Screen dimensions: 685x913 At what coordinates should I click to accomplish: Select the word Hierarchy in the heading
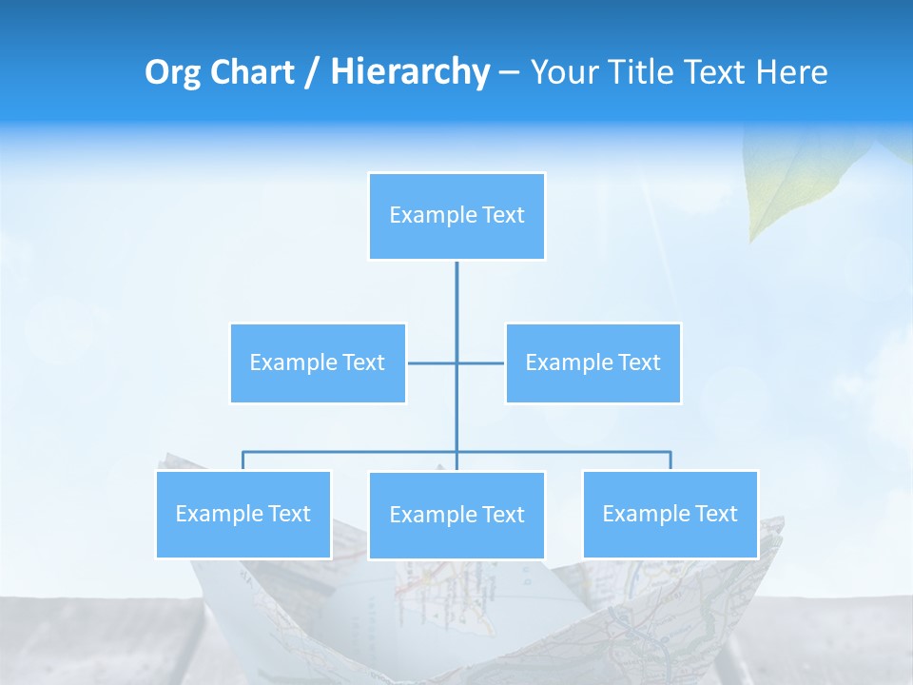coord(410,72)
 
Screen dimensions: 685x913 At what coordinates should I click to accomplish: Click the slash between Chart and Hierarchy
coord(312,73)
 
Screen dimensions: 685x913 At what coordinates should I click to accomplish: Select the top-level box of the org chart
coord(456,216)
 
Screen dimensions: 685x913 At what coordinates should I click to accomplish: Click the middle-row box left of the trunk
coord(318,362)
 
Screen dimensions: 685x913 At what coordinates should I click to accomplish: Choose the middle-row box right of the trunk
coord(592,362)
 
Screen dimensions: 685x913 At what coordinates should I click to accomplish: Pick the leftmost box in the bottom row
coord(243,515)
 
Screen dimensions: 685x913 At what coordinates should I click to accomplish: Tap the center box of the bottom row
coord(456,516)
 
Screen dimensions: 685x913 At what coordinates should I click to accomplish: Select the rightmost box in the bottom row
coord(670,515)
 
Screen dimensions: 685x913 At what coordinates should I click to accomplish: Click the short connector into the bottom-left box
coord(243,460)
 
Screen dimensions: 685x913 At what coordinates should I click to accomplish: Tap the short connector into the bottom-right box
coord(670,460)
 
